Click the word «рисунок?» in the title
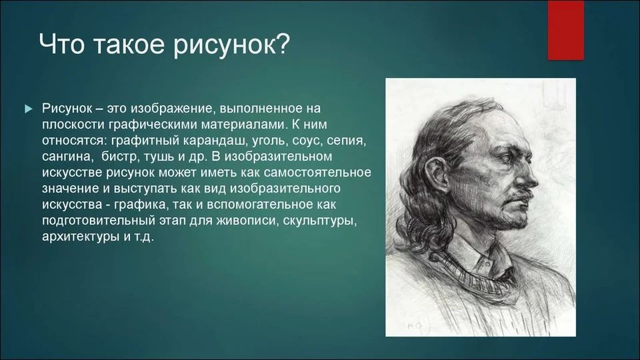point(231,45)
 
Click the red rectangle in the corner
point(565,30)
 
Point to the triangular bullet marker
point(29,109)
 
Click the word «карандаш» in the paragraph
point(215,141)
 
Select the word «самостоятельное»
point(317,173)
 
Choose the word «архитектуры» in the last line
point(81,237)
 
